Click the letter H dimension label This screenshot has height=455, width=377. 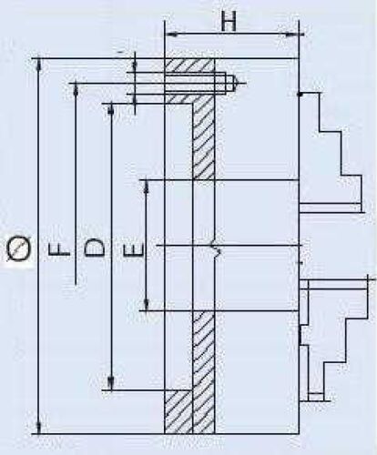[x=229, y=22]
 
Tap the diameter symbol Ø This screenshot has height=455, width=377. [x=19, y=248]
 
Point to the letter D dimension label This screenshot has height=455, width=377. [x=95, y=248]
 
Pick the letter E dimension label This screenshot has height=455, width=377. [x=133, y=249]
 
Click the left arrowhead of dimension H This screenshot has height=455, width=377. [x=170, y=35]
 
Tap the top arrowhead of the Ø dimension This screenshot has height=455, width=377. [x=39, y=65]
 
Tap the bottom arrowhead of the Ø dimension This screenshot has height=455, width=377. [x=39, y=427]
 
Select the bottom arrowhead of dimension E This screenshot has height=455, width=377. [x=147, y=304]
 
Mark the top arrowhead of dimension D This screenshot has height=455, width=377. [x=111, y=110]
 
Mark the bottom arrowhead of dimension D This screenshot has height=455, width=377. [x=111, y=383]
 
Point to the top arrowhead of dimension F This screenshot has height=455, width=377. [x=76, y=89]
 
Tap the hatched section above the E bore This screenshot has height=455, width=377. [x=203, y=142]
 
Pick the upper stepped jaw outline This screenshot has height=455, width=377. [x=331, y=153]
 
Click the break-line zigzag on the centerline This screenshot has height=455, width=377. [x=216, y=247]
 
